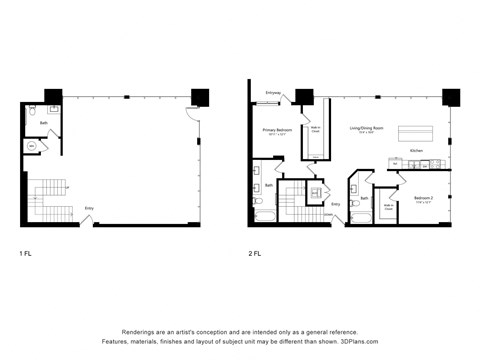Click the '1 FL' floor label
pyautogui.click(x=25, y=253)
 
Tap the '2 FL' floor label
pyautogui.click(x=255, y=253)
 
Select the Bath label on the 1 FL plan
pyautogui.click(x=43, y=124)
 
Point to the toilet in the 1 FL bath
pyautogui.click(x=33, y=111)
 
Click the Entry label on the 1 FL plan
pyautogui.click(x=89, y=208)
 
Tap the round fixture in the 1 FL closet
pyautogui.click(x=31, y=146)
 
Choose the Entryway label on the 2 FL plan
pyautogui.click(x=273, y=93)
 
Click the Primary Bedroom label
pyautogui.click(x=277, y=131)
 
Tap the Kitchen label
pyautogui.click(x=416, y=152)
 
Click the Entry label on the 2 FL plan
pyautogui.click(x=336, y=204)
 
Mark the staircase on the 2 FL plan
pyautogui.click(x=295, y=200)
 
